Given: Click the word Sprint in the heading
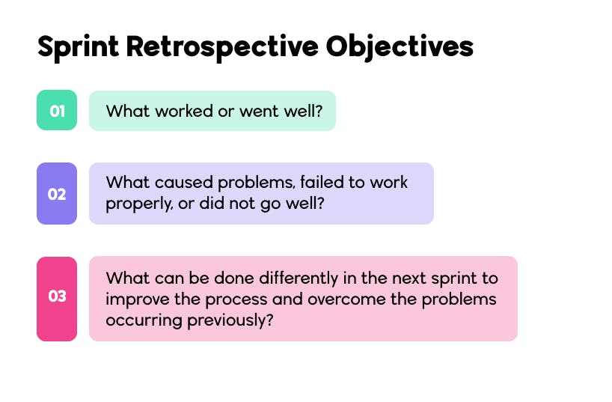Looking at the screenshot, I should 78,47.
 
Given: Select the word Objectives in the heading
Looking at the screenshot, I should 400,47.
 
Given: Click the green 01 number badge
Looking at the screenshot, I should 57,111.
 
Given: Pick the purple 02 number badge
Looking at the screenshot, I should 57,194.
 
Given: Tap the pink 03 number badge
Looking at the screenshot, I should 57,296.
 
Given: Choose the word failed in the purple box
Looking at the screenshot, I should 304,183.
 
